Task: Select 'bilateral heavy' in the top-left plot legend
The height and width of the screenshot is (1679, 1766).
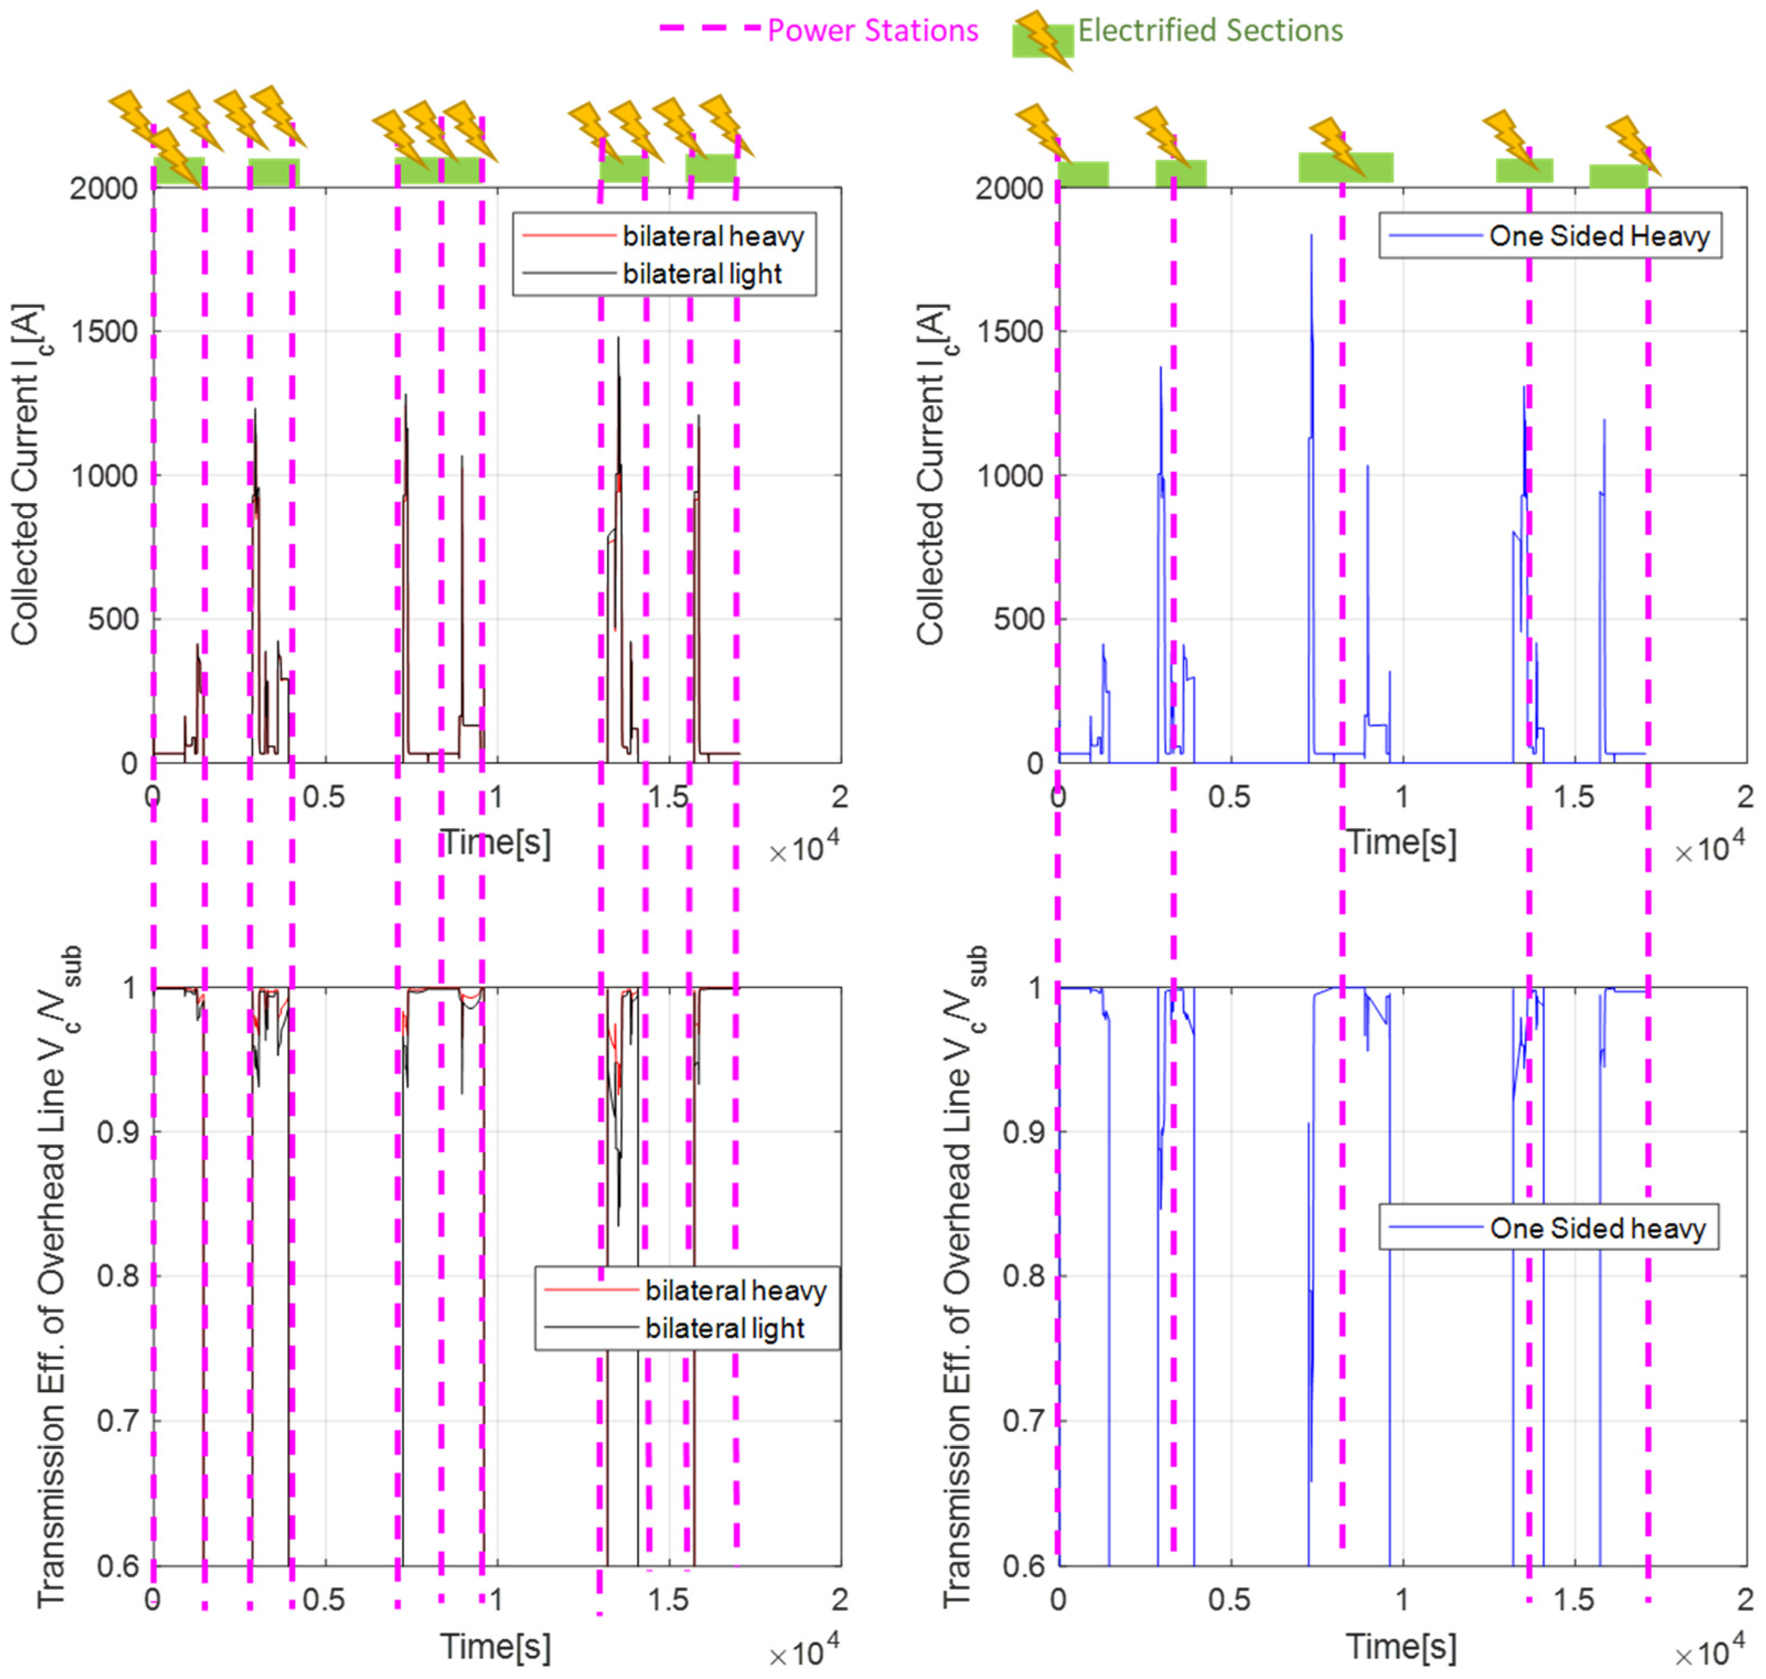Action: tap(713, 236)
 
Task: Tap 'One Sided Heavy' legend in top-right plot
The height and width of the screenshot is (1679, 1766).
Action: tap(1599, 236)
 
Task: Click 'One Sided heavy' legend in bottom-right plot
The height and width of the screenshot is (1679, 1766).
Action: tap(1598, 1228)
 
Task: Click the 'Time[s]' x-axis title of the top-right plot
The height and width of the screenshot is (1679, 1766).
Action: tap(1401, 842)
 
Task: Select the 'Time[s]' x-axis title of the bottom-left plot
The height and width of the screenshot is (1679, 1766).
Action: tap(495, 1647)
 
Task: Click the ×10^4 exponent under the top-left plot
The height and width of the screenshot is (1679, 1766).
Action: tap(804, 848)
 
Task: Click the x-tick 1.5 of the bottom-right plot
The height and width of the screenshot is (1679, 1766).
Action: tap(1574, 1600)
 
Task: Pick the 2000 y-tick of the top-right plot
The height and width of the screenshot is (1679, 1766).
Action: tap(1010, 189)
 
